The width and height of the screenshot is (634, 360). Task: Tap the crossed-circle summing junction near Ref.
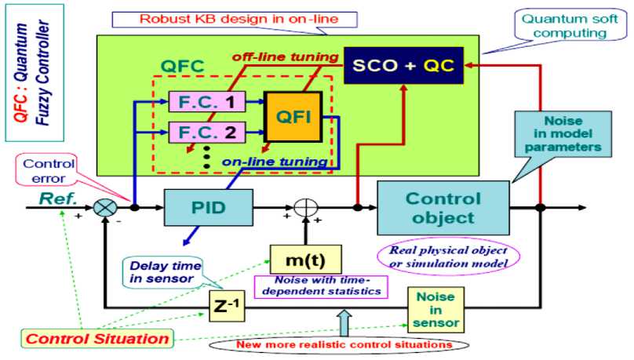[x=104, y=209]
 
